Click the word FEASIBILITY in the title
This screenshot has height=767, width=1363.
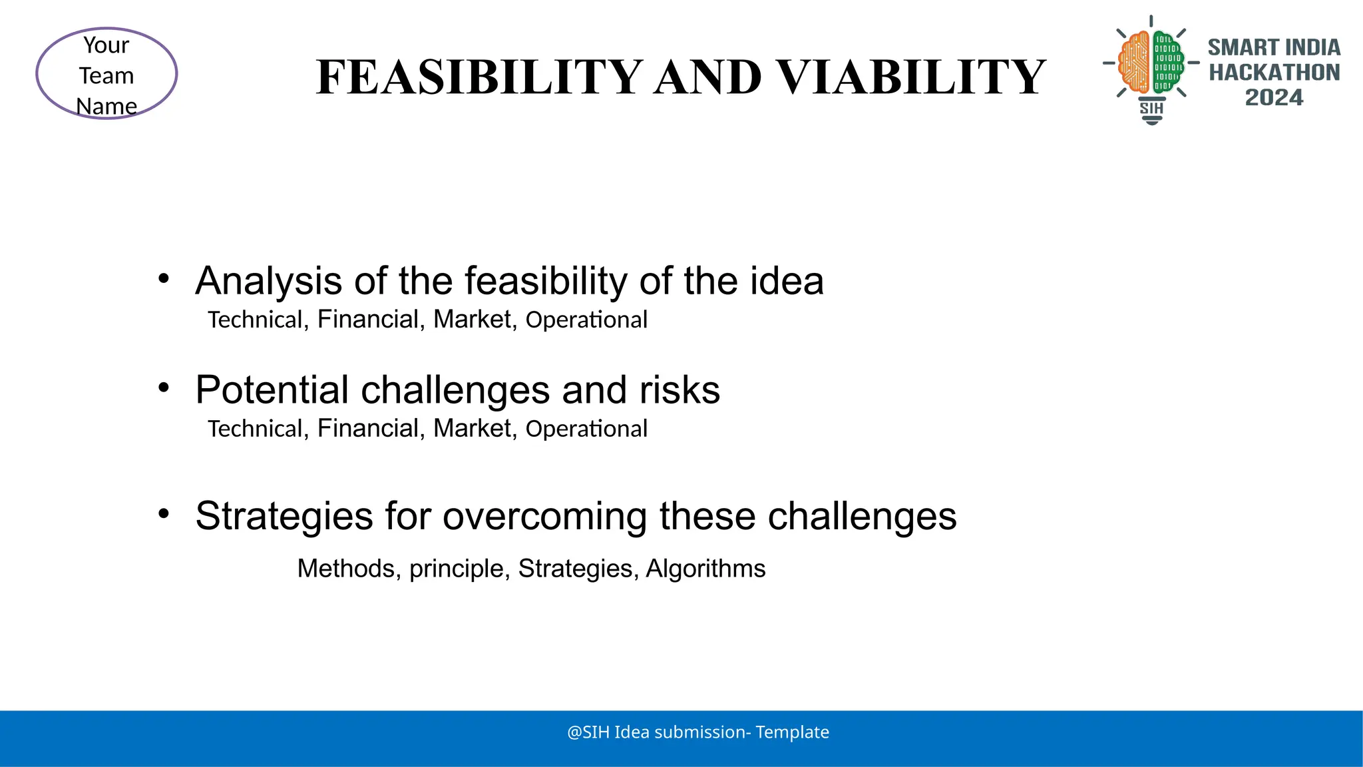tap(479, 77)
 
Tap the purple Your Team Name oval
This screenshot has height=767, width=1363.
tap(106, 74)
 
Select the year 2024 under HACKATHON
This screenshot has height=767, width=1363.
tap(1274, 98)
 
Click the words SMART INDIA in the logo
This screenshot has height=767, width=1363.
tap(1274, 48)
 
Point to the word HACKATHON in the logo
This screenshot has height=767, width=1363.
tap(1274, 73)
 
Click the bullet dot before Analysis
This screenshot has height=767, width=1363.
tap(164, 278)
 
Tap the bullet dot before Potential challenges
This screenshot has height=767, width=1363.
tap(164, 387)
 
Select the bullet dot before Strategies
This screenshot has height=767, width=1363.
tap(164, 513)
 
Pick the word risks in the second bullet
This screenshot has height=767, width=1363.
tap(680, 390)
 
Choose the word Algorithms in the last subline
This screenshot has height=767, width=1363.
tap(705, 569)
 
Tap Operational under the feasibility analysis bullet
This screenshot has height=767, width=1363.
tap(586, 320)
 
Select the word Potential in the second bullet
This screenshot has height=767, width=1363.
tap(272, 390)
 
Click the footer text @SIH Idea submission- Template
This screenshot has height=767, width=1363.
tap(697, 732)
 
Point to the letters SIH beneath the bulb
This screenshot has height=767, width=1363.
tap(1151, 108)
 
